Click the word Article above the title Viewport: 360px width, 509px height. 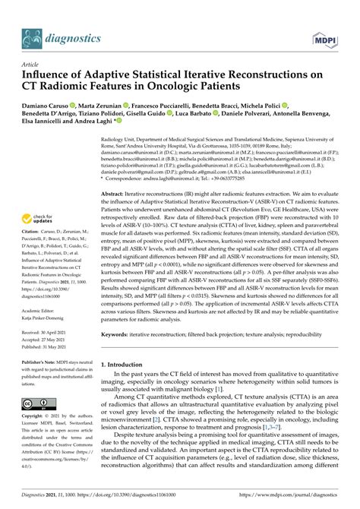pyautogui.click(x=32, y=65)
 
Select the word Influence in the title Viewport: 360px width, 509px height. pyautogui.click(x=52, y=76)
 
